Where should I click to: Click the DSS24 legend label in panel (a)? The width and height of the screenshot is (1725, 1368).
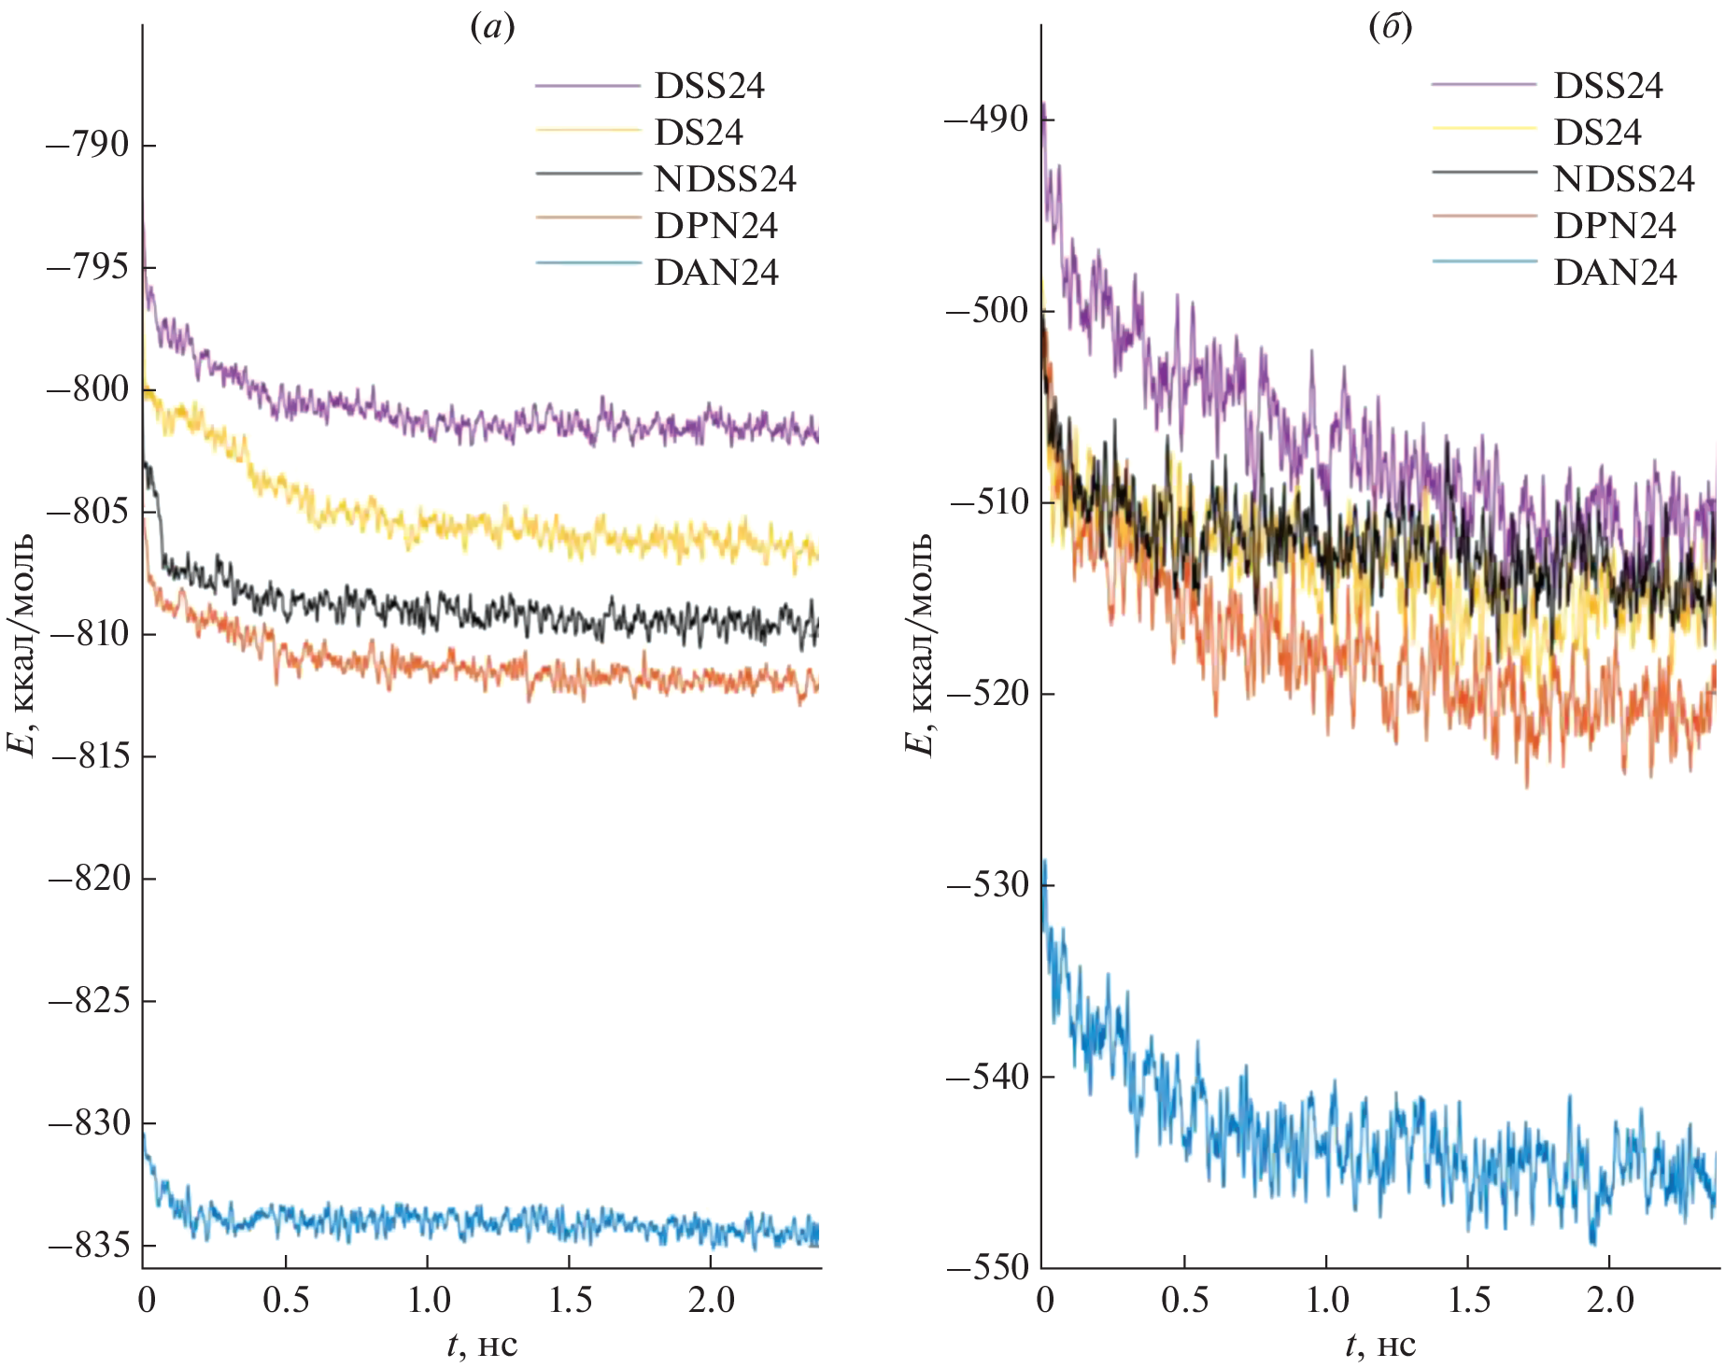click(709, 86)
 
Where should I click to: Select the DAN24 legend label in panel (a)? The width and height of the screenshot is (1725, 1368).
click(716, 273)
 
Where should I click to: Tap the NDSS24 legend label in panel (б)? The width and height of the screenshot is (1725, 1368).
click(1623, 179)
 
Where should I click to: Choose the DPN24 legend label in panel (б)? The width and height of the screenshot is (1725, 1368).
click(1615, 226)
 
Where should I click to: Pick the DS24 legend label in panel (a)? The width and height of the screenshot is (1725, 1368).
click(699, 133)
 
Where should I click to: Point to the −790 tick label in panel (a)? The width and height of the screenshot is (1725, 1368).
click(89, 146)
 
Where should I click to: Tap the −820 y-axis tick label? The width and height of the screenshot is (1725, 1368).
click(89, 879)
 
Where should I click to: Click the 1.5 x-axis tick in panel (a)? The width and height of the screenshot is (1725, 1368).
click(570, 1300)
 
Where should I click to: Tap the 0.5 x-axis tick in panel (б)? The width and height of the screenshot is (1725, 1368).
click(1184, 1300)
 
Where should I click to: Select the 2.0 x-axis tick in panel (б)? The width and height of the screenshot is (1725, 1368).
click(1609, 1300)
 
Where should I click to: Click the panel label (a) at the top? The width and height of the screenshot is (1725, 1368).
click(492, 28)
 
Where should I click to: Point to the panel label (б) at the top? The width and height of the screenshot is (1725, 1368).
click(1390, 28)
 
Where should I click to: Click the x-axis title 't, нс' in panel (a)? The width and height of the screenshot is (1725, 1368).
click(482, 1346)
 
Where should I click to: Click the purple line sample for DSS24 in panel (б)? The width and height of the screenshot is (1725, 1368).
click(1483, 85)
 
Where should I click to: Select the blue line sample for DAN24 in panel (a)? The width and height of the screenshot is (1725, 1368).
click(588, 264)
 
